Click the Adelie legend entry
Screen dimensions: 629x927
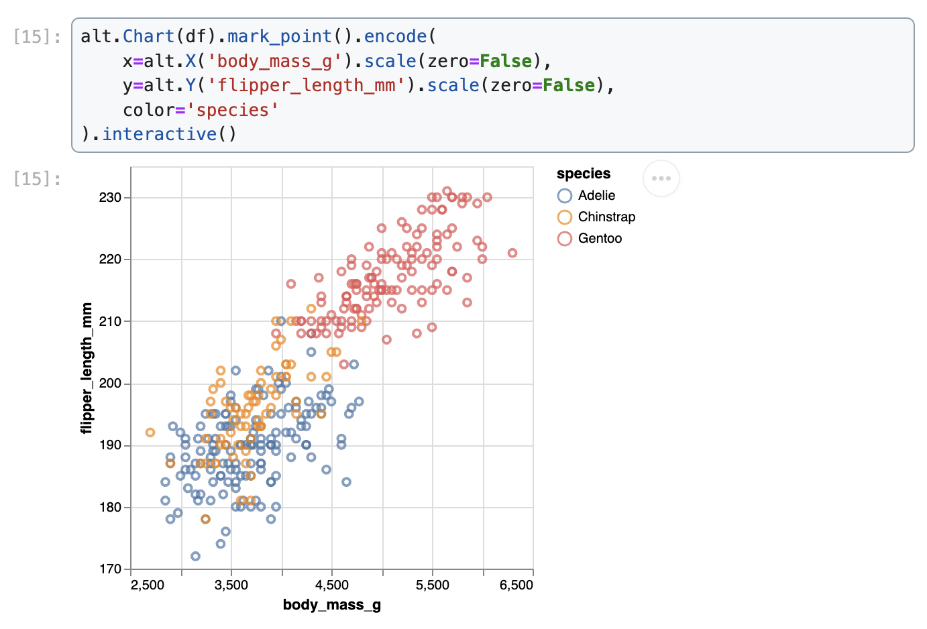pyautogui.click(x=596, y=195)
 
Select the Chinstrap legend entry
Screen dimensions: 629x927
pyautogui.click(x=606, y=217)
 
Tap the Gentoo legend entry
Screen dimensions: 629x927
pyautogui.click(x=599, y=238)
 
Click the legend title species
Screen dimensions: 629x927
pyautogui.click(x=584, y=174)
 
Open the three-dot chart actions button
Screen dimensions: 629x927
pyautogui.click(x=661, y=178)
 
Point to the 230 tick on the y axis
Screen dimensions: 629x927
pyautogui.click(x=110, y=198)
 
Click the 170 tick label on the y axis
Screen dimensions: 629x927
pyautogui.click(x=110, y=569)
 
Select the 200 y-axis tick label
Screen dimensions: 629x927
pyautogui.click(x=110, y=384)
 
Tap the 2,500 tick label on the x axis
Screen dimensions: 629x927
pyautogui.click(x=148, y=585)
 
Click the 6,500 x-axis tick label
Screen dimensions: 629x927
pyautogui.click(x=516, y=585)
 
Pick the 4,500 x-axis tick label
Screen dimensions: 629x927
pyautogui.click(x=332, y=585)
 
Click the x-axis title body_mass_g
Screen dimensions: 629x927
pyautogui.click(x=332, y=605)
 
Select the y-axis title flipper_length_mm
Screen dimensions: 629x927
pyautogui.click(x=87, y=368)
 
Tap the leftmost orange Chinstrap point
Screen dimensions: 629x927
pyautogui.click(x=150, y=433)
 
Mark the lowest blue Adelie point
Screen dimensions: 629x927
pyautogui.click(x=195, y=556)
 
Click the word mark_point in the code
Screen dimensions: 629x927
pyautogui.click(x=279, y=36)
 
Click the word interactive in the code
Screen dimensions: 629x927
pyautogui.click(x=160, y=134)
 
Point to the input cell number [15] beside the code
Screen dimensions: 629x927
pyautogui.click(x=37, y=36)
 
